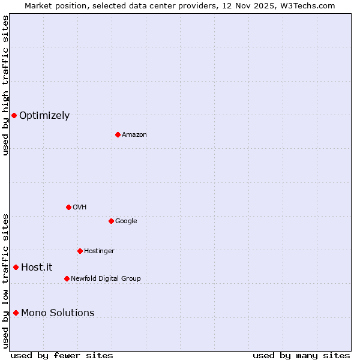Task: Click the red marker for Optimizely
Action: point(14,115)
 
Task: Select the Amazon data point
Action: point(118,134)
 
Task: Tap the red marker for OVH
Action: point(68,207)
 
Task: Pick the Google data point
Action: point(111,221)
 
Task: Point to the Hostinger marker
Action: point(80,251)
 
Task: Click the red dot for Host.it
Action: point(16,267)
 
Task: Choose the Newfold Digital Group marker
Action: point(67,278)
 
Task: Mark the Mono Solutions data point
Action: point(16,313)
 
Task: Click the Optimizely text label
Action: point(44,116)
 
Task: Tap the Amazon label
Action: point(134,135)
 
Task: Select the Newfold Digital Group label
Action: point(106,278)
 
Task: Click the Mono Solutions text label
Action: point(58,313)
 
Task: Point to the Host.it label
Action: point(37,268)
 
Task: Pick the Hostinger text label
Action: point(99,251)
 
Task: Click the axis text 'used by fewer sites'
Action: point(62,356)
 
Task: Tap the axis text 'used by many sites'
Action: point(301,356)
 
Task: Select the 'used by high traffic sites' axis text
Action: point(5,85)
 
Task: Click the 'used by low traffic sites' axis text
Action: point(5,281)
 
